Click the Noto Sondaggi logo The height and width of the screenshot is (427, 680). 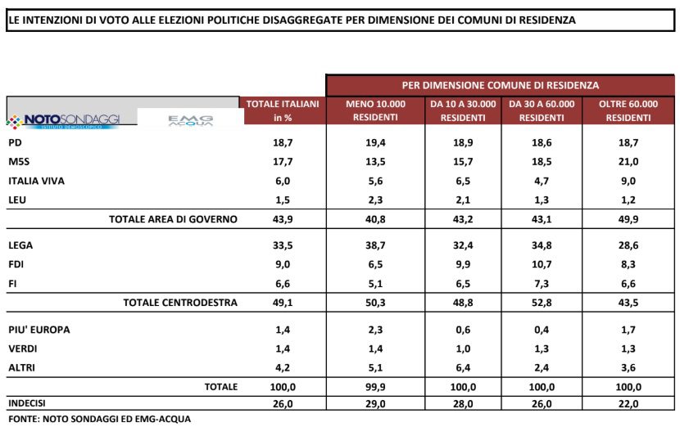[64, 120]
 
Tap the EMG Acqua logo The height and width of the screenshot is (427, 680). [190, 120]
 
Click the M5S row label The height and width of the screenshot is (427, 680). [16, 162]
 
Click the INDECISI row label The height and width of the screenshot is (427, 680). [26, 404]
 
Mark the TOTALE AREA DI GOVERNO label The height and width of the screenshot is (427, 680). [173, 219]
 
